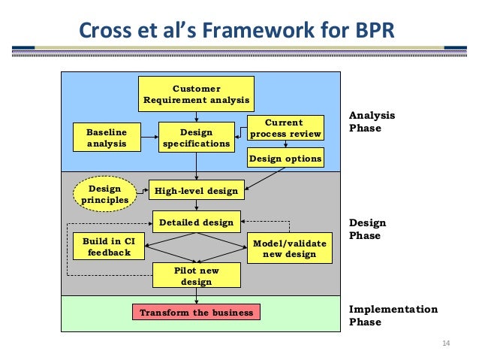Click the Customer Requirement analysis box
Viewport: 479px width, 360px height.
click(x=197, y=95)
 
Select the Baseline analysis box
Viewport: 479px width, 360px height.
click(x=107, y=137)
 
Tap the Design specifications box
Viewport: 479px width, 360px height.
click(x=197, y=137)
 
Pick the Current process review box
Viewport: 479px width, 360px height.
click(x=285, y=129)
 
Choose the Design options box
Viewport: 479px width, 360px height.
click(x=285, y=159)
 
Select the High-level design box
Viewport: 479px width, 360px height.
click(x=196, y=191)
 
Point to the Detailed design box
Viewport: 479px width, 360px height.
click(x=197, y=222)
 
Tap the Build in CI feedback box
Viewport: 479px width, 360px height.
click(x=109, y=247)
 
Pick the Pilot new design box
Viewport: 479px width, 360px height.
click(x=197, y=276)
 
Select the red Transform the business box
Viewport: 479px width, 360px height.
click(x=197, y=312)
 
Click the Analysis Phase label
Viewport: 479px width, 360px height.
click(x=372, y=122)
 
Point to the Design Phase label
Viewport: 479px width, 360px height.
click(x=368, y=229)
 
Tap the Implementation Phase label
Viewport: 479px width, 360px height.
click(x=393, y=316)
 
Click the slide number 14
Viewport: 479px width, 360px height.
click(x=446, y=344)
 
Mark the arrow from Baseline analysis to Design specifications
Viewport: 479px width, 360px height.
click(x=149, y=137)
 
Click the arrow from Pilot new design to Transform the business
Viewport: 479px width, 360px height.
click(x=197, y=296)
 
